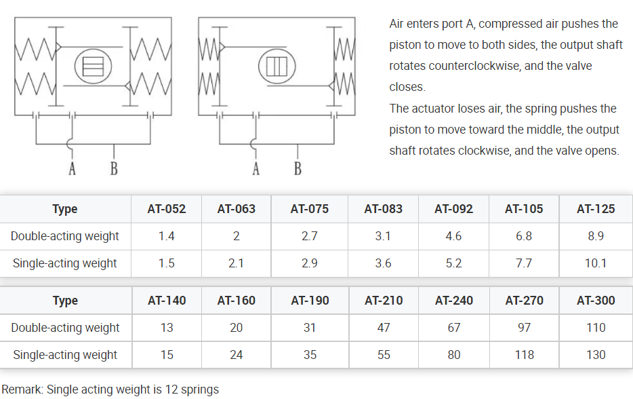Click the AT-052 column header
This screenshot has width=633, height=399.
pos(166,209)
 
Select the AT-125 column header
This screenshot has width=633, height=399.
pos(596,209)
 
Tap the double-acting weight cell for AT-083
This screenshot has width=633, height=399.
pos(383,236)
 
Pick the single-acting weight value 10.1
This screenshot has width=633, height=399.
pos(596,263)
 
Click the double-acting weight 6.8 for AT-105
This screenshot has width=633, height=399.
pos(524,236)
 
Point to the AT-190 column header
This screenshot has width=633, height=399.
pos(310,301)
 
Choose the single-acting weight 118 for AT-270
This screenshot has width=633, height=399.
pos(524,355)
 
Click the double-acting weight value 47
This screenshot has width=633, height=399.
pos(384,328)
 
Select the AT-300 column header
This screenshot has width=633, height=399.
pos(596,301)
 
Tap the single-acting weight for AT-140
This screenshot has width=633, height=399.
pos(167,355)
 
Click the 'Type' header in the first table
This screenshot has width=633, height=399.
pos(65,209)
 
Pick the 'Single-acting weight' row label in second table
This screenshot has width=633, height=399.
pos(65,355)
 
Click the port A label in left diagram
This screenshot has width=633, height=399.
pos(73,168)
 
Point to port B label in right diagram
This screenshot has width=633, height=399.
pos(298,168)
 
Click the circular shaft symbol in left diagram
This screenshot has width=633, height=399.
pos(91,66)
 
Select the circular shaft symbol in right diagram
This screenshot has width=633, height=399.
pos(277,66)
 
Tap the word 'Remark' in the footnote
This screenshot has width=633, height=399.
pos(20,389)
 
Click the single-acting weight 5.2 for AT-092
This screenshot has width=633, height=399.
pos(453,263)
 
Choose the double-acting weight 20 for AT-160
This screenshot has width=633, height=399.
pos(237,328)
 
